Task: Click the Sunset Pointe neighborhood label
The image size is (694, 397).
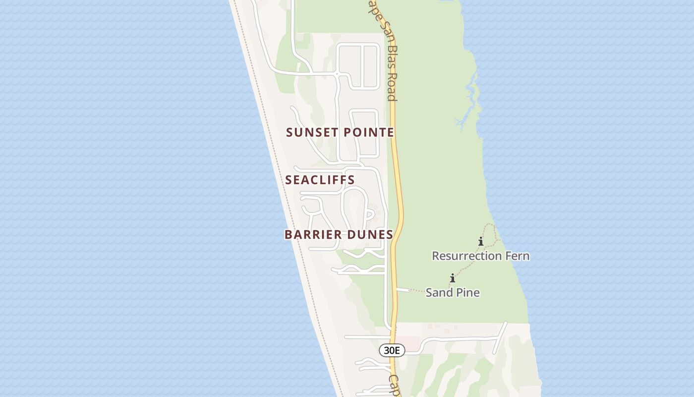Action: tap(340, 132)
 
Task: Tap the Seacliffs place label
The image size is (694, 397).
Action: tap(320, 180)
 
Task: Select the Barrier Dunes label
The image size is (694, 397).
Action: tap(339, 235)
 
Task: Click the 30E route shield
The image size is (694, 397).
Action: tap(392, 350)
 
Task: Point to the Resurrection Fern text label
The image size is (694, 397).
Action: tap(480, 256)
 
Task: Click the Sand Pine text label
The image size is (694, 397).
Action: tap(453, 293)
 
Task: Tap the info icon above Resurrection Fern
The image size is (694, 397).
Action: tap(480, 242)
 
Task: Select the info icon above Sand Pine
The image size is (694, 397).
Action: tap(452, 278)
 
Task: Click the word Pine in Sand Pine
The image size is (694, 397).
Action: tap(467, 293)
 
